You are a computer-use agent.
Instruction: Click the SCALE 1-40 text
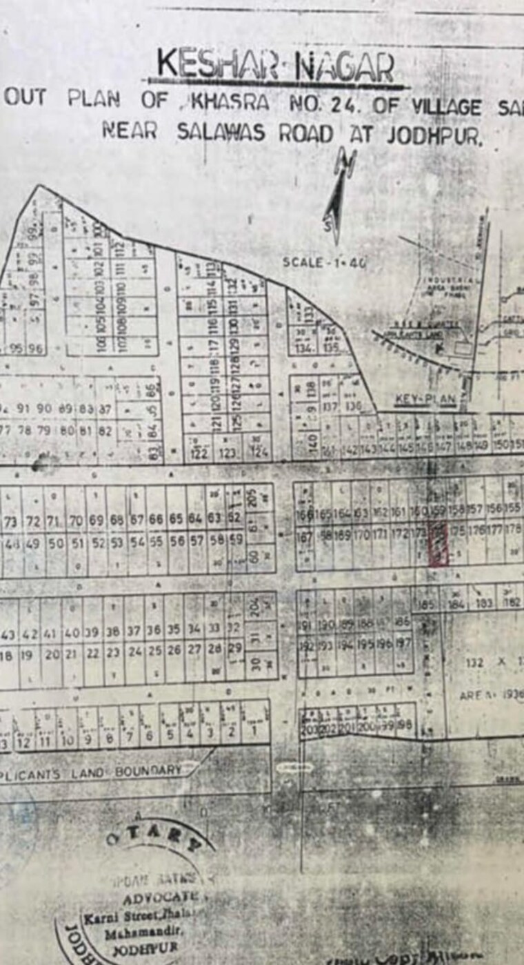324,262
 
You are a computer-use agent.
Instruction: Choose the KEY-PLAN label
425,399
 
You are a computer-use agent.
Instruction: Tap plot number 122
199,454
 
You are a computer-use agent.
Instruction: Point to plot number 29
234,649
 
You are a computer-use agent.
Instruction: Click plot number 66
157,519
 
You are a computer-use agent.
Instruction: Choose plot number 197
403,645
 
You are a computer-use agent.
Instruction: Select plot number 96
35,349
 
